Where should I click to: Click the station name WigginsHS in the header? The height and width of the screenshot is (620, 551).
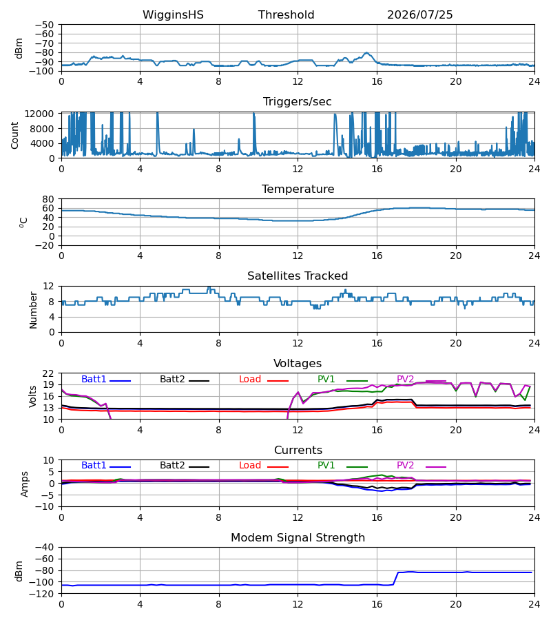pos(173,15)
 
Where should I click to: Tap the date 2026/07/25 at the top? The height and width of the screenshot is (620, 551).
pos(419,15)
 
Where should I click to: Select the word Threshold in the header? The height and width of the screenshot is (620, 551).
pos(286,15)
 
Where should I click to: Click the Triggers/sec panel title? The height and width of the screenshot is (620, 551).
pos(298,102)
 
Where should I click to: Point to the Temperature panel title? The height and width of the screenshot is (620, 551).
pos(298,189)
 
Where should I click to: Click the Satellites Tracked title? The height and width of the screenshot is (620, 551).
pos(298,276)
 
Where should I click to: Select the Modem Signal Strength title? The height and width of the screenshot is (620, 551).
pos(298,538)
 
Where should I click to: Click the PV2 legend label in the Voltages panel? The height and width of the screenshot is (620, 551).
pos(405,379)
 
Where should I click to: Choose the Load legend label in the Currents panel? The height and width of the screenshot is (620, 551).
pos(250,466)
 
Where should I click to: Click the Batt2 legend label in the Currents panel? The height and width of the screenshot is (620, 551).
pos(172,466)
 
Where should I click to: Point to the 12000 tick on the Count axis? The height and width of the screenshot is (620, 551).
pos(39,114)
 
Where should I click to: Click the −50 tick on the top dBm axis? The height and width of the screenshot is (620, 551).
pos(44,25)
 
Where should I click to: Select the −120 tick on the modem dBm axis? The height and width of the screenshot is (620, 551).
pos(42,594)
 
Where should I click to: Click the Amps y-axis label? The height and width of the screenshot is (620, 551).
pos(25,484)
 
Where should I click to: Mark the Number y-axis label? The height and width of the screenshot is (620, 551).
pos(33,310)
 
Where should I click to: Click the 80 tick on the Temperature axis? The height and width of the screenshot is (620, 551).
pos(48,199)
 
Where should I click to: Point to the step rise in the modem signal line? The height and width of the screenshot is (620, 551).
pos(395,579)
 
